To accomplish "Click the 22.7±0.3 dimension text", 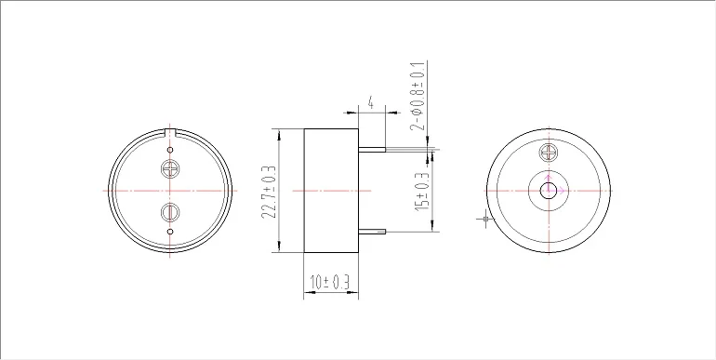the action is pyautogui.click(x=270, y=192).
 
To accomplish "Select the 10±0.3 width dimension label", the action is pyautogui.click(x=330, y=283).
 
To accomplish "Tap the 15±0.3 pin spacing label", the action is pyautogui.click(x=422, y=192).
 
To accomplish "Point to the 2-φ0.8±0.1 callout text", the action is pyautogui.click(x=418, y=96).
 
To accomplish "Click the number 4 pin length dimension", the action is pyautogui.click(x=371, y=103).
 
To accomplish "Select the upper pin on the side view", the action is pyautogui.click(x=372, y=150).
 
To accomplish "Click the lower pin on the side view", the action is pyautogui.click(x=372, y=232).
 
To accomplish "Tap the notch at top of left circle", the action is pyautogui.click(x=170, y=132).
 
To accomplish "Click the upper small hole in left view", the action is pyautogui.click(x=170, y=150).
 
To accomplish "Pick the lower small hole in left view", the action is pyautogui.click(x=170, y=232).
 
